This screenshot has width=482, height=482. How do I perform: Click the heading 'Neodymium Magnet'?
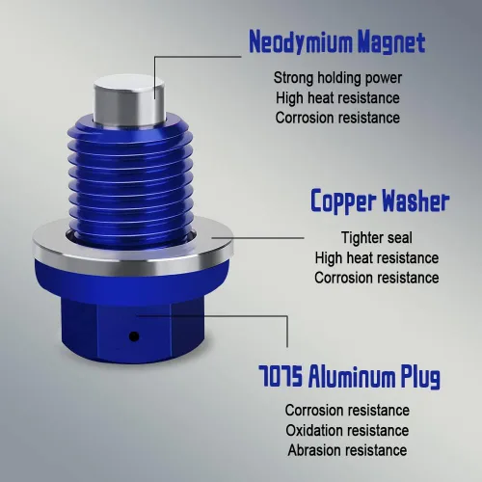(337, 41)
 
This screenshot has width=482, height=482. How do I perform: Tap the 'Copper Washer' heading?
(380, 201)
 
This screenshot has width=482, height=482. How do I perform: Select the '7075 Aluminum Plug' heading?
(349, 377)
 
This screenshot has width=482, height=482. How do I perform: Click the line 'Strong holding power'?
(337, 78)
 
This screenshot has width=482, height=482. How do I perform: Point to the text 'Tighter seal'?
(377, 238)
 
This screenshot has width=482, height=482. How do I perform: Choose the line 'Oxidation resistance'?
(347, 430)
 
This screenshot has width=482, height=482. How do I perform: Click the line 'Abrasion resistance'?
(347, 450)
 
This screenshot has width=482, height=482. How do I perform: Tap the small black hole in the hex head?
(134, 336)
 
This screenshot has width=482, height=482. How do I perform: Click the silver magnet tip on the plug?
(129, 99)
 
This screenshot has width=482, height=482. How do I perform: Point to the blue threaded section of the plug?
(130, 180)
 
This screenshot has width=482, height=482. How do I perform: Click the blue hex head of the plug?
(132, 330)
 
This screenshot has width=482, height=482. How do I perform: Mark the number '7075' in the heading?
(281, 375)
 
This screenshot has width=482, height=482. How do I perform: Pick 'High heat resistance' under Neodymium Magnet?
(337, 98)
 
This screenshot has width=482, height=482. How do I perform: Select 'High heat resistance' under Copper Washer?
(377, 257)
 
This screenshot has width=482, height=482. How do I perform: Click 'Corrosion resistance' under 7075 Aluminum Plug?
(347, 411)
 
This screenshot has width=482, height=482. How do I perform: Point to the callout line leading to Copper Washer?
(257, 238)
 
